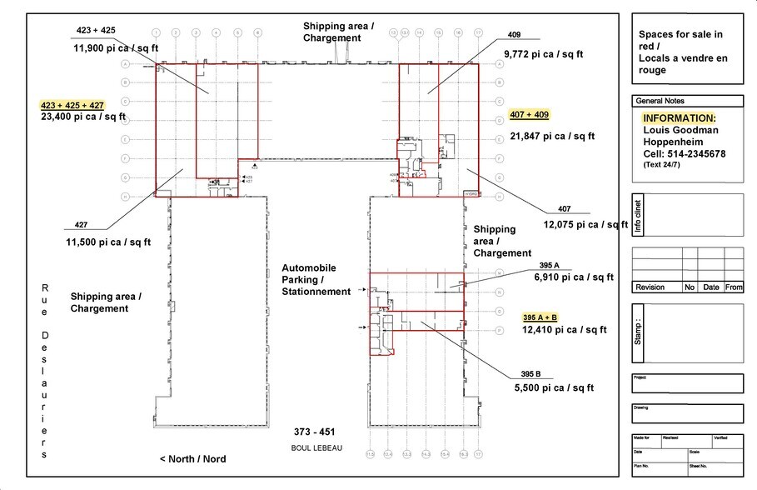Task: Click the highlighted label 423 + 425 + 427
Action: (72, 105)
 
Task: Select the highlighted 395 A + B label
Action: (540, 317)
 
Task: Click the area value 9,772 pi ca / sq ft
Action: (543, 53)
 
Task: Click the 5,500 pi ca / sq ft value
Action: (554, 387)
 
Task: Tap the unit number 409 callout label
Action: (514, 35)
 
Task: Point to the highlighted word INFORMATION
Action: (679, 118)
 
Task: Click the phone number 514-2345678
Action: (697, 153)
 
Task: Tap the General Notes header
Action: (660, 101)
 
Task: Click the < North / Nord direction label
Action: (192, 459)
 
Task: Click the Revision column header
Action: (650, 287)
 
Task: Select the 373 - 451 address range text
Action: (314, 432)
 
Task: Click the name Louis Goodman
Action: (680, 130)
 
